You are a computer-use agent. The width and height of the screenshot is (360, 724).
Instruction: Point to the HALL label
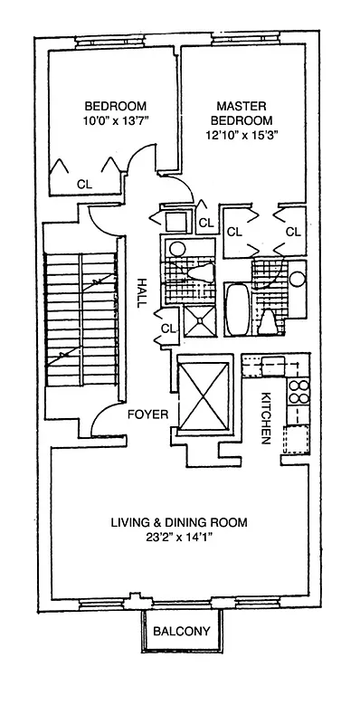(x=141, y=294)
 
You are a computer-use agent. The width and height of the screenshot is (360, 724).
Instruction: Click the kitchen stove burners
(x=298, y=393)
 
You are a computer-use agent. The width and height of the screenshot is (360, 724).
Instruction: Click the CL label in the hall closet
(x=168, y=329)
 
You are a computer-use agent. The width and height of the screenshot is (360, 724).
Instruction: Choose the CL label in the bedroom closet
(x=84, y=183)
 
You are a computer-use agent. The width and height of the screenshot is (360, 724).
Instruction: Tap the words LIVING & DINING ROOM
(x=179, y=522)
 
